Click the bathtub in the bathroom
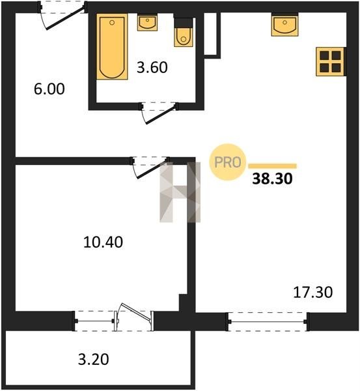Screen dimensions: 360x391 tap(112, 46)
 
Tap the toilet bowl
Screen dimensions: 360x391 tap(184, 37)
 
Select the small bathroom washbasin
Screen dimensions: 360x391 tap(147, 22)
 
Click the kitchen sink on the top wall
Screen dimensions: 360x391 tap(284, 25)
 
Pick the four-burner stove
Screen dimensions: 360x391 tap(330, 62)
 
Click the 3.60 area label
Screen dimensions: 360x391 tap(152, 68)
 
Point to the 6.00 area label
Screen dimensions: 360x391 tap(49, 89)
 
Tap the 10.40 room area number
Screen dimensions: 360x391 tap(103, 242)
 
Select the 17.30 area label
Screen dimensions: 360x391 tap(312, 292)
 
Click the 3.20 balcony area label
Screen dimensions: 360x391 tap(94, 360)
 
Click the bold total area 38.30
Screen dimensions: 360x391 tap(272, 179)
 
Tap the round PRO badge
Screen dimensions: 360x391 tap(228, 162)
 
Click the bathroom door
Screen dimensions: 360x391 tap(159, 113)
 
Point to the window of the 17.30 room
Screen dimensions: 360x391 tap(268, 322)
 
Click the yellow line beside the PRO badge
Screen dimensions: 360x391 tap(273, 166)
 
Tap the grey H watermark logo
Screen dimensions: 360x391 tap(180, 192)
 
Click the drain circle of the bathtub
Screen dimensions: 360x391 tap(112, 23)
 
